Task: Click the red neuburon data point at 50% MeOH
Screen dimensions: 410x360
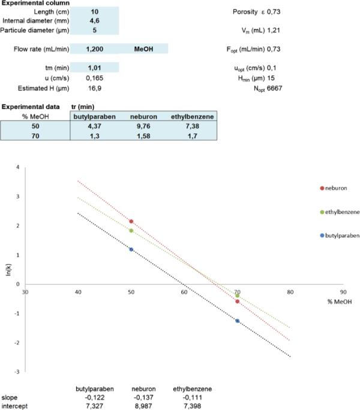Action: click(x=131, y=222)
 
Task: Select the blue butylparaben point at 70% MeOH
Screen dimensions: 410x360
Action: click(x=238, y=321)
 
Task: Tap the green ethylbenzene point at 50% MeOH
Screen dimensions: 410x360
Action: click(x=131, y=231)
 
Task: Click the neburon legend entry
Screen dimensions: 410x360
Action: click(x=337, y=188)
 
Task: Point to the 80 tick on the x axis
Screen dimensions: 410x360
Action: click(x=290, y=292)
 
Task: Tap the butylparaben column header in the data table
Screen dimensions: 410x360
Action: click(x=94, y=116)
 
